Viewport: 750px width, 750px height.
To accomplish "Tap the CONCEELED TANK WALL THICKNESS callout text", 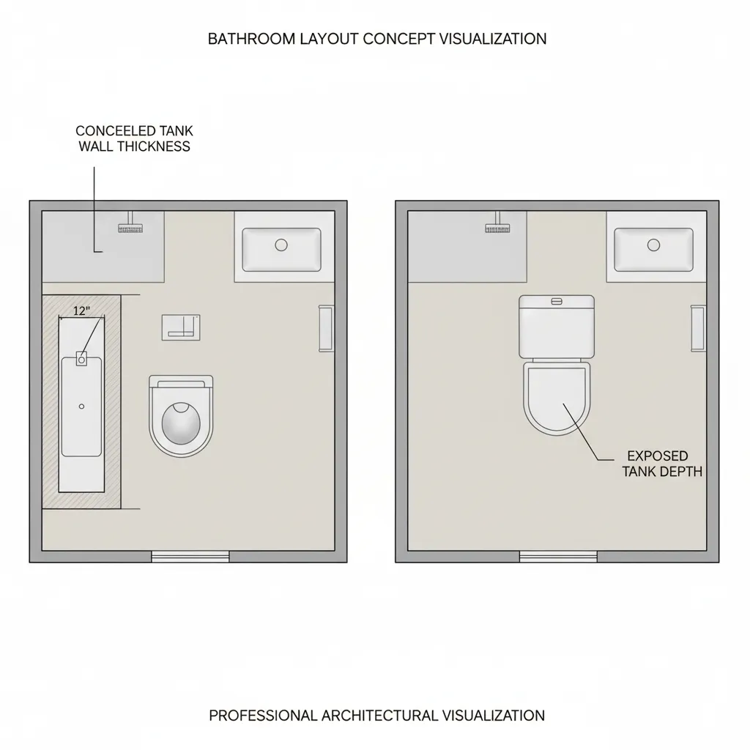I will [x=134, y=138].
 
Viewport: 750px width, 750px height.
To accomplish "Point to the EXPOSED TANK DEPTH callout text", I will [x=662, y=464].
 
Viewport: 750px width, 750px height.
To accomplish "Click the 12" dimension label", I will [x=82, y=311].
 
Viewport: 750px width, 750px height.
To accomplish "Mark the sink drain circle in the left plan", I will [x=281, y=245].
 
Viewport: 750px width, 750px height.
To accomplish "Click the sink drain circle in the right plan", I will [x=653, y=245].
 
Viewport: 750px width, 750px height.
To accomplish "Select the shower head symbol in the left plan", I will [x=130, y=228].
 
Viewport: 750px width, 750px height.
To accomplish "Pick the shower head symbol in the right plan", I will [x=497, y=227].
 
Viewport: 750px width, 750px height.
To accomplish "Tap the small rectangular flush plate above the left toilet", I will [x=181, y=327].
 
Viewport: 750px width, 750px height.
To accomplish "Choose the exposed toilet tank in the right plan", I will [x=556, y=326].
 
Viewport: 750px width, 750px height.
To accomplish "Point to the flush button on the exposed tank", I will [x=556, y=301].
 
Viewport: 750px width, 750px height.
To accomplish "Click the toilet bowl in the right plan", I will [x=556, y=399].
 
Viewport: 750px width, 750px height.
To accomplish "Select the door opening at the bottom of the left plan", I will [x=190, y=557].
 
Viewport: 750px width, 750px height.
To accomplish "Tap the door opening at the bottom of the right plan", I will [x=558, y=557].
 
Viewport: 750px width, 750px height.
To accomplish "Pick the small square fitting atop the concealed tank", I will [x=81, y=359].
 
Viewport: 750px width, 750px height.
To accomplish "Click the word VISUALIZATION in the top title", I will [x=492, y=39].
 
